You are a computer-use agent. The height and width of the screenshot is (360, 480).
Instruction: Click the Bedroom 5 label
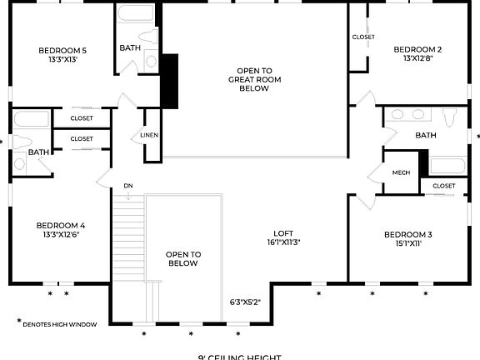tap(62, 50)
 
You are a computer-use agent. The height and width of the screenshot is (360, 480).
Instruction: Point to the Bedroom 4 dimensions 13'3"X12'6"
tap(60, 235)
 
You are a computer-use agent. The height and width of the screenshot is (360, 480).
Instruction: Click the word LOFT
tap(283, 233)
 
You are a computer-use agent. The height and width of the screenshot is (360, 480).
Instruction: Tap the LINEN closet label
tap(149, 135)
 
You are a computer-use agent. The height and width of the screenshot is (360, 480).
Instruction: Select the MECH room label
tap(401, 172)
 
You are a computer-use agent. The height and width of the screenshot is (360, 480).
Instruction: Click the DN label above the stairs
tap(128, 185)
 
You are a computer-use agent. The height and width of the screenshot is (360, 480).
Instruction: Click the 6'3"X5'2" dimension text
tap(246, 302)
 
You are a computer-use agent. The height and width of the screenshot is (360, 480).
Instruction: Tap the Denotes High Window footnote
tap(57, 323)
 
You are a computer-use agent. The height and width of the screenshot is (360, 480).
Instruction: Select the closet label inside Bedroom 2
tap(363, 37)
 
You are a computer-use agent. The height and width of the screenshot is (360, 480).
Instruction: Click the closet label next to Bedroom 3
tap(444, 186)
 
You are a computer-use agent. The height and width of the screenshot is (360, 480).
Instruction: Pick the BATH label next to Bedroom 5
tap(130, 47)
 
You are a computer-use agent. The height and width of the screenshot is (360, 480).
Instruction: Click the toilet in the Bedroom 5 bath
tap(151, 60)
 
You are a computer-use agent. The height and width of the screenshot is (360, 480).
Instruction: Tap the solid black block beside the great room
tap(170, 81)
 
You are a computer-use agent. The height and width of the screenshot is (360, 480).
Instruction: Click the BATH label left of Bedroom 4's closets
tap(38, 152)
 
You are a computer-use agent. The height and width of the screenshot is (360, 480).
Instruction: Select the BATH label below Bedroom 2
tap(426, 135)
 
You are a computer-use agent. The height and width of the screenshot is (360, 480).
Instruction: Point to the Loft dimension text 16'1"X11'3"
tap(283, 243)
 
